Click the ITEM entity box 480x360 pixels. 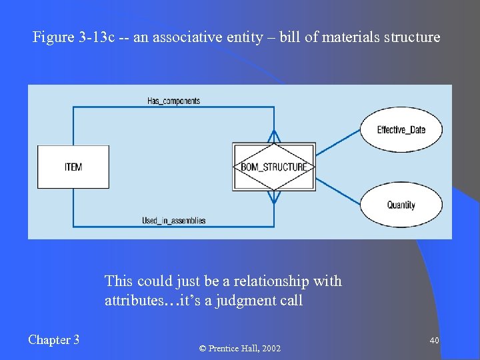click(x=73, y=167)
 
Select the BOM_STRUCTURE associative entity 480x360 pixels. click(x=273, y=167)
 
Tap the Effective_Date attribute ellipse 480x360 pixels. click(x=401, y=129)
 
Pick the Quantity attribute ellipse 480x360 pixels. click(x=401, y=205)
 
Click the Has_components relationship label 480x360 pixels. click(x=173, y=101)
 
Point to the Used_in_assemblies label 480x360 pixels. click(x=173, y=221)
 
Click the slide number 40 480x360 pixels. click(x=434, y=341)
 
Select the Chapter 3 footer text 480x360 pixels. click(x=54, y=340)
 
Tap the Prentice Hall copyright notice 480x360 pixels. click(x=241, y=348)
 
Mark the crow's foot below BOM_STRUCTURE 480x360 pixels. click(x=273, y=198)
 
